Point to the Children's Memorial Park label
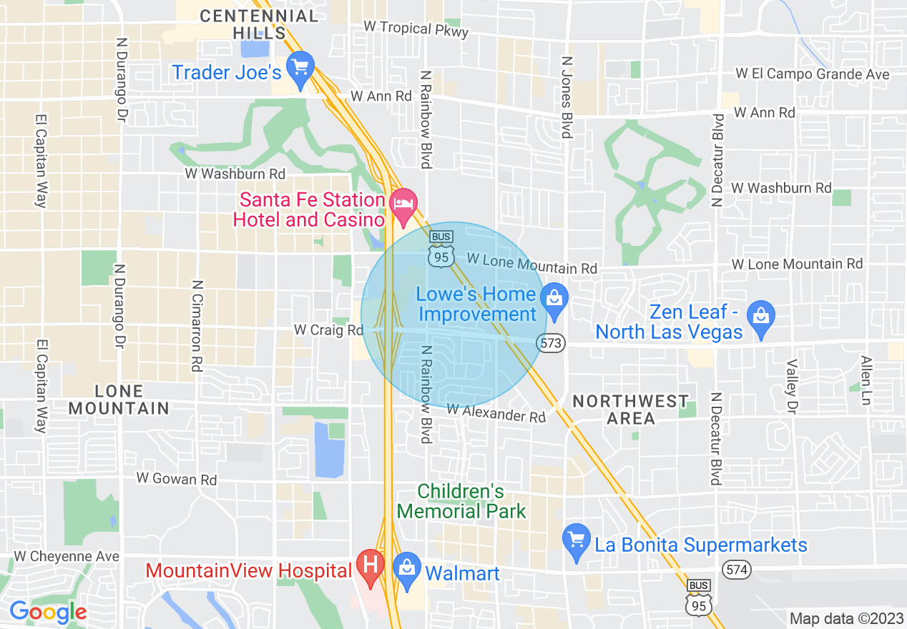click(x=461, y=502)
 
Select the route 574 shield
click(x=735, y=570)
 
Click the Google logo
click(x=48, y=612)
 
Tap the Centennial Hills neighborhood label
click(x=258, y=24)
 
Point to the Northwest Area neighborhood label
click(x=630, y=410)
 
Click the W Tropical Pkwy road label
click(x=416, y=29)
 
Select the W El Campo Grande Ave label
click(x=812, y=74)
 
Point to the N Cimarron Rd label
click(x=196, y=325)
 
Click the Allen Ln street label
click(x=867, y=381)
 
